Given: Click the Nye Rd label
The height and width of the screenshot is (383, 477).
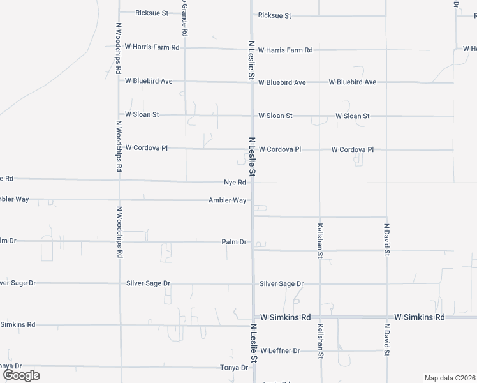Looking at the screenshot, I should click(x=235, y=183).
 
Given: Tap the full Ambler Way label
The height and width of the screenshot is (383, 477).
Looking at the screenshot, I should click(x=227, y=200).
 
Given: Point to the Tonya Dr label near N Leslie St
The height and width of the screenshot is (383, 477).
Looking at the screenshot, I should click(x=234, y=368).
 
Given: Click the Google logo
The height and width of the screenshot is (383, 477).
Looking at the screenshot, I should click(x=21, y=375).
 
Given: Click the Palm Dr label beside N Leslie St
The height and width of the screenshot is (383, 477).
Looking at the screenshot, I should click(x=234, y=243).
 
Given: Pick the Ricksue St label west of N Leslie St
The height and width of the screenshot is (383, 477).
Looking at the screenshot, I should click(x=152, y=13).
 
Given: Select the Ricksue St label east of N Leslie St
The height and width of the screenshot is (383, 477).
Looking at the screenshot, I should click(x=274, y=15).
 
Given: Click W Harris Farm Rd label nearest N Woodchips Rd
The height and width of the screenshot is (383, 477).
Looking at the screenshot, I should click(x=152, y=47).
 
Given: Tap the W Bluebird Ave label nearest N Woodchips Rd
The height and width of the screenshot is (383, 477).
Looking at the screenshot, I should click(x=149, y=81).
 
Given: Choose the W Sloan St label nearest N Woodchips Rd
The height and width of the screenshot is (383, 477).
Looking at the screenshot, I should click(x=142, y=114).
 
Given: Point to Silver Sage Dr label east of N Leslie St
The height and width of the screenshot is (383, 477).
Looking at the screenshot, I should click(x=281, y=283).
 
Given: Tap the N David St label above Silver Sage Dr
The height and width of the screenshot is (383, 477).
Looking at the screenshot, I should click(x=386, y=239).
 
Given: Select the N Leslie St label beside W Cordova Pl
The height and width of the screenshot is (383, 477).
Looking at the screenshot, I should click(x=253, y=157).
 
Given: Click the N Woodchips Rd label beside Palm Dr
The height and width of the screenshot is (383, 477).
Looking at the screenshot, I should click(x=119, y=231).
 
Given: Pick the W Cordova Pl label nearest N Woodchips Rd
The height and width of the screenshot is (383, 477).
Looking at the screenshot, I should click(x=146, y=147).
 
